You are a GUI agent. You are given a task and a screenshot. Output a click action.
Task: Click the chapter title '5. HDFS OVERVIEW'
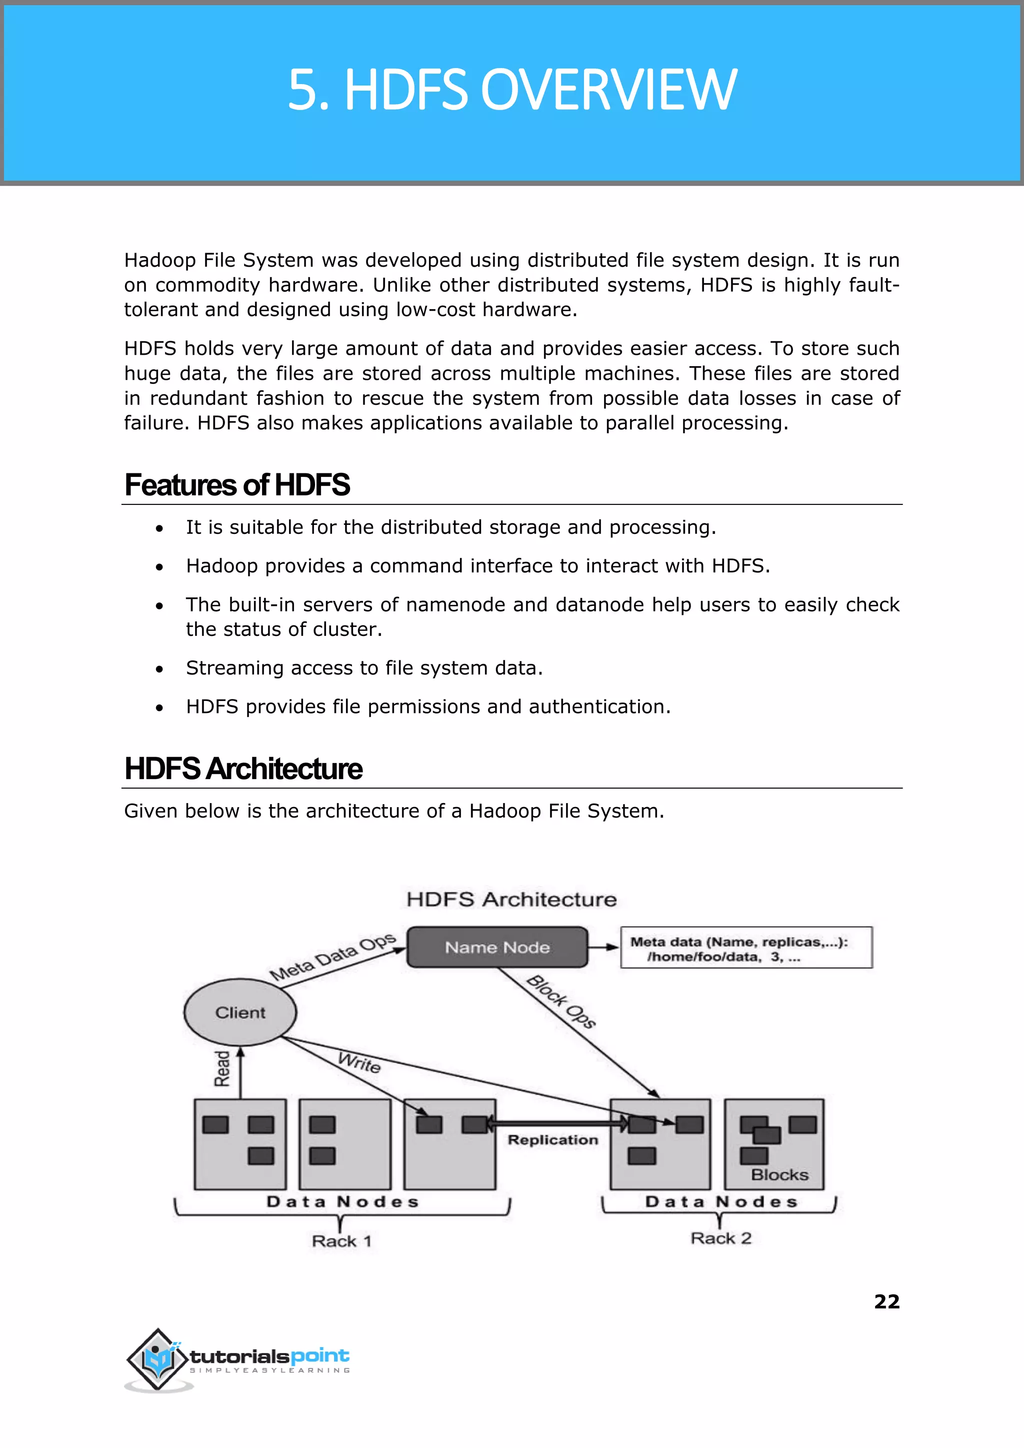click(x=511, y=90)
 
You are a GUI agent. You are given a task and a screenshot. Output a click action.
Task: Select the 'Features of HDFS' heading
click(x=237, y=485)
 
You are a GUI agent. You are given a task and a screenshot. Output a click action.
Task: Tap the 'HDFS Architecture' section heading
click(x=243, y=769)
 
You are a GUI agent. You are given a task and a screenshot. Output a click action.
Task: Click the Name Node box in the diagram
click(x=497, y=947)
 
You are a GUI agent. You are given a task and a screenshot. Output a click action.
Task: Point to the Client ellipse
click(x=239, y=1012)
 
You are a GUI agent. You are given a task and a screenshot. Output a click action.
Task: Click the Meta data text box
click(x=746, y=948)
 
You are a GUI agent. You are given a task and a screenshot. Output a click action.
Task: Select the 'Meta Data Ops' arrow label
click(x=332, y=957)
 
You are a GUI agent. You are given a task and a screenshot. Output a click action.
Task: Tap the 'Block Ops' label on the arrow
click(x=561, y=1001)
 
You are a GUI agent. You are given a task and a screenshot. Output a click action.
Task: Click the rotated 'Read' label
click(x=222, y=1068)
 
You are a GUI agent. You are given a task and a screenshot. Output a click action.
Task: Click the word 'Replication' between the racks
click(x=552, y=1139)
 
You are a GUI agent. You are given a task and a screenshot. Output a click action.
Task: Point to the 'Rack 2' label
click(x=720, y=1238)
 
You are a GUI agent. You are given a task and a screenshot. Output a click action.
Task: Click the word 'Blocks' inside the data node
click(x=779, y=1174)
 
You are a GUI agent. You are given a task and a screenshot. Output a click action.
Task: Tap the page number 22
click(x=886, y=1301)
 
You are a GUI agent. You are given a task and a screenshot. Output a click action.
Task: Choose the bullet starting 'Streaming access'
click(x=364, y=667)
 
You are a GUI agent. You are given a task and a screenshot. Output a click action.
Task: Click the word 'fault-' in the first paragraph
click(x=874, y=285)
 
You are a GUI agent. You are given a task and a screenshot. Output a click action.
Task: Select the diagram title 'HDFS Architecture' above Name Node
click(x=511, y=899)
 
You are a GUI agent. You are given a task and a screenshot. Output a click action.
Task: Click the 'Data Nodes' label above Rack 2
click(x=721, y=1201)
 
